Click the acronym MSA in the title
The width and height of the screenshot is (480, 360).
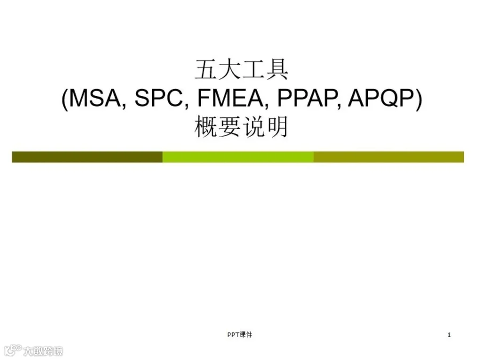(95, 98)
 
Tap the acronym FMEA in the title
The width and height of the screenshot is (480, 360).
(230, 98)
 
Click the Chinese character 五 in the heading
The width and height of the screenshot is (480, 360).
(206, 69)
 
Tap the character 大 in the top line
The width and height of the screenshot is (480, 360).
(229, 69)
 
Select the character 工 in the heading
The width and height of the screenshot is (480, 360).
(253, 69)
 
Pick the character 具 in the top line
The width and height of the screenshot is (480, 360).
(277, 69)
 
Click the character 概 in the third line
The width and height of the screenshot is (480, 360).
(206, 126)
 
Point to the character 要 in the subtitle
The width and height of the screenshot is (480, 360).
(229, 126)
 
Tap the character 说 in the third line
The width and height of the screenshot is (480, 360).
(253, 126)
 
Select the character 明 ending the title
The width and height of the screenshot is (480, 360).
(277, 126)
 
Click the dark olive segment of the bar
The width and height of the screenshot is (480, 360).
(87, 157)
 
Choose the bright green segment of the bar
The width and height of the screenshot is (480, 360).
(238, 157)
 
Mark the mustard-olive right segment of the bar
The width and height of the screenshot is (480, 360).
(389, 157)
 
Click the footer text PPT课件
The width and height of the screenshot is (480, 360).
(239, 334)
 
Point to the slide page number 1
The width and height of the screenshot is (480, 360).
(449, 335)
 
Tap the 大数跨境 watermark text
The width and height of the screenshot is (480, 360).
(43, 351)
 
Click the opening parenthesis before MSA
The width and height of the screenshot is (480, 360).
(65, 99)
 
